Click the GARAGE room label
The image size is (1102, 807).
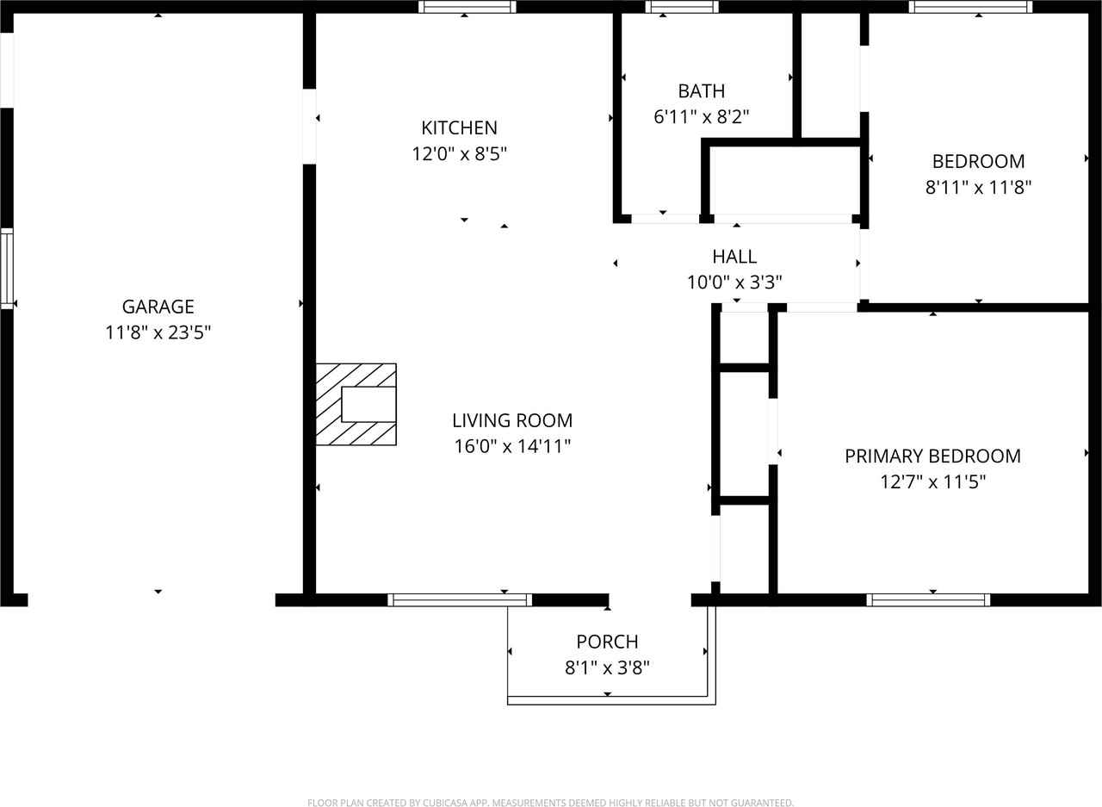point(158,307)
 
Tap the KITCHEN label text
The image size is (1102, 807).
point(459,128)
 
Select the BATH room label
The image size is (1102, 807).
point(701,91)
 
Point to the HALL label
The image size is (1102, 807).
point(734,257)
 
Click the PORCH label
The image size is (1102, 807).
point(607,642)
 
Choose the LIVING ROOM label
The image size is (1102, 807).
point(512,420)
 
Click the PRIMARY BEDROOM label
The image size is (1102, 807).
point(932,456)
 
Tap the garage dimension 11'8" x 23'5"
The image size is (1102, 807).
point(158,332)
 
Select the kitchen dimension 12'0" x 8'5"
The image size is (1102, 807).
point(459,154)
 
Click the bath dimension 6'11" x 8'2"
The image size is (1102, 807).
point(701,117)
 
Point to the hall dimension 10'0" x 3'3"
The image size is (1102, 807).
point(734,282)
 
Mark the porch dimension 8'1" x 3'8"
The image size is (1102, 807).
point(607,667)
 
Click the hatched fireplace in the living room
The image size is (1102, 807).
point(356,404)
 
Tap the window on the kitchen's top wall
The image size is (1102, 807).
point(467,7)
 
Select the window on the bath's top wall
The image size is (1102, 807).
point(681,7)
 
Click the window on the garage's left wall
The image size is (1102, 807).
point(7,268)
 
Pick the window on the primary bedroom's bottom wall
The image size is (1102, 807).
point(928,600)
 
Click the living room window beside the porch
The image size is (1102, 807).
point(459,600)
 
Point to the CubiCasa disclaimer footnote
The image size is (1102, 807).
point(550,803)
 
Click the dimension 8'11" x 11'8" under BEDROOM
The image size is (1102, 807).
point(978,188)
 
